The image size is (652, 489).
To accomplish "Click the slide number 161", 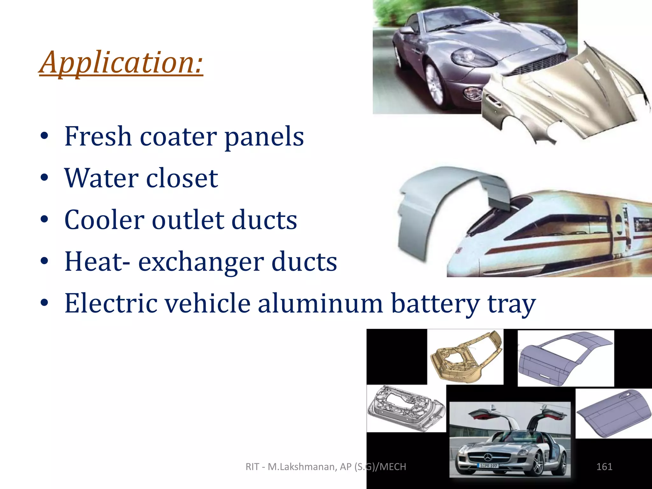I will [x=604, y=467].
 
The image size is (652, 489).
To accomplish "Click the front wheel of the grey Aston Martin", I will [x=435, y=84].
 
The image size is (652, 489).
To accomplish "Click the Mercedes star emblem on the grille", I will [x=487, y=457].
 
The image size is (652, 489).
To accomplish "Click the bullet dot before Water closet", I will [x=45, y=178].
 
